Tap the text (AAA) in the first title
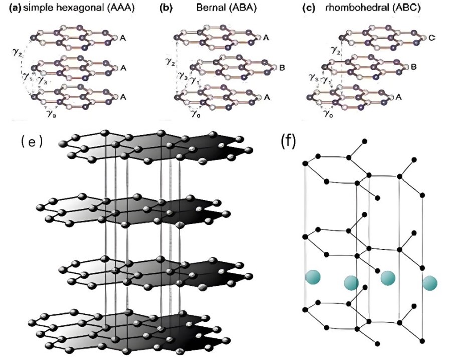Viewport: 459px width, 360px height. point(124,9)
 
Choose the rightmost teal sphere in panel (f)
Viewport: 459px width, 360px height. point(429,283)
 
